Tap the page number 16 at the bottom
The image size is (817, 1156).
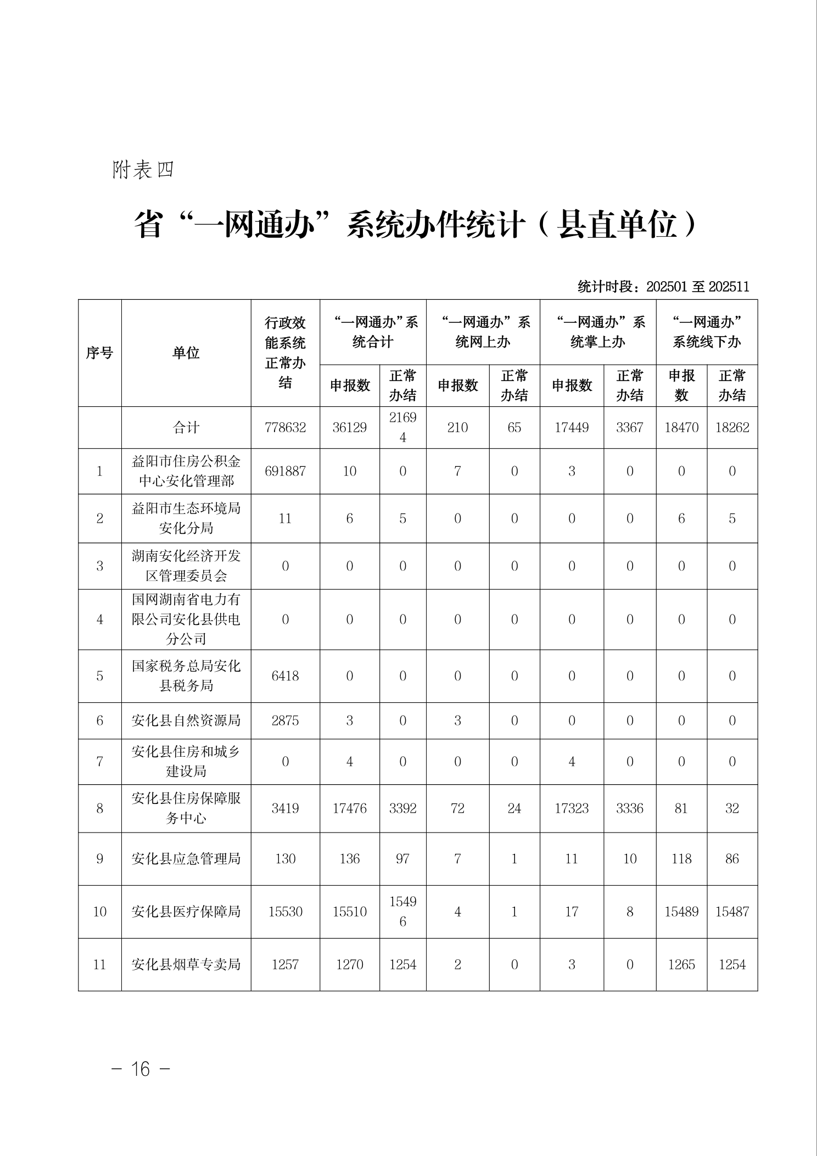pyautogui.click(x=141, y=1068)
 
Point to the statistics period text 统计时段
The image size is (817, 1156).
pyautogui.click(x=663, y=287)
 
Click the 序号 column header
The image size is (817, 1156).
pyautogui.click(x=99, y=353)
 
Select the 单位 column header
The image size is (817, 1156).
pyautogui.click(x=186, y=353)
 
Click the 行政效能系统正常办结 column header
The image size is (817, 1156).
pyautogui.click(x=285, y=353)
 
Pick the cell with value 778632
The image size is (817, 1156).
pyautogui.click(x=285, y=427)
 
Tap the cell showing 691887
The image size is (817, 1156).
pyautogui.click(x=285, y=471)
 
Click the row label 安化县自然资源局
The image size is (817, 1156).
pyautogui.click(x=186, y=721)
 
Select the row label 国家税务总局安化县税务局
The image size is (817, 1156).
pyautogui.click(x=186, y=675)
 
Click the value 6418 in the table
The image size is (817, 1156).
pyautogui.click(x=285, y=675)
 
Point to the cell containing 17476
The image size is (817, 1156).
pyautogui.click(x=349, y=808)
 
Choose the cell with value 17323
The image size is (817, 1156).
pyautogui.click(x=572, y=808)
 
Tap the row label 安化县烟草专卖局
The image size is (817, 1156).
pyautogui.click(x=186, y=964)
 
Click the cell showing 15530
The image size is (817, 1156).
pyautogui.click(x=285, y=912)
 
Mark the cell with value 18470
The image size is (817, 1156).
pyautogui.click(x=681, y=427)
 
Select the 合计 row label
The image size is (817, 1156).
pyautogui.click(x=186, y=427)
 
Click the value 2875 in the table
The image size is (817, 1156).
pyautogui.click(x=285, y=721)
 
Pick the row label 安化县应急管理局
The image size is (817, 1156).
pyautogui.click(x=186, y=858)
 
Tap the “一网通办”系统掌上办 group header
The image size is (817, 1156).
pyautogui.click(x=597, y=332)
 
